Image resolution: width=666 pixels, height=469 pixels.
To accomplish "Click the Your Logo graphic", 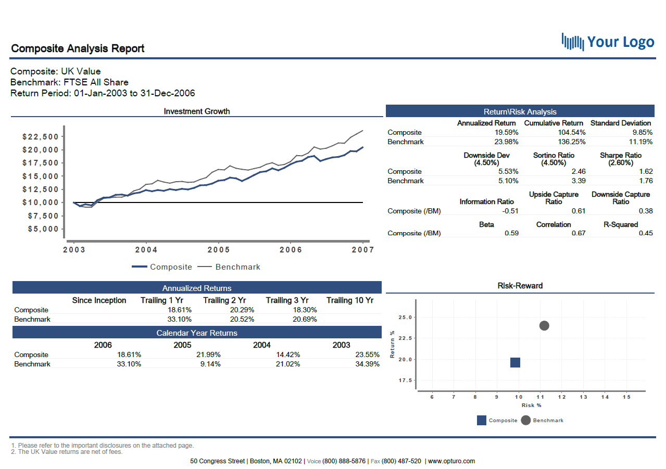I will click(608, 42).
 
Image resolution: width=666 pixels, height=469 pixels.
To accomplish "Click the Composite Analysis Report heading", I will click(78, 48).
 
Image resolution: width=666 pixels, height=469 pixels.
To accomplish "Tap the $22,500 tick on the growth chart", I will click(41, 136).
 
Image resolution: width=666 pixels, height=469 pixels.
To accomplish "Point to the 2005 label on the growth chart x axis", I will click(218, 250).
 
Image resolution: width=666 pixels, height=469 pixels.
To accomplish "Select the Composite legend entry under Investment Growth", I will click(162, 267).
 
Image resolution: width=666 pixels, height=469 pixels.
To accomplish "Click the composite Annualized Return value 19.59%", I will click(506, 132).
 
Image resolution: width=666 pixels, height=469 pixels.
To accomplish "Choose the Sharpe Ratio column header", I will click(621, 159).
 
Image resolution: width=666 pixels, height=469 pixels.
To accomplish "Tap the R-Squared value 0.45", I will click(646, 233).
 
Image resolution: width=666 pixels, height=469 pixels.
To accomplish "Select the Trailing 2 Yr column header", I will click(224, 300).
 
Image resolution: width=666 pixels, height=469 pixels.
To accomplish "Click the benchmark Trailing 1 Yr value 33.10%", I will click(180, 319).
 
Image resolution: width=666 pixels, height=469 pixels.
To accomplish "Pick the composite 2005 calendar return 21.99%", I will click(208, 354).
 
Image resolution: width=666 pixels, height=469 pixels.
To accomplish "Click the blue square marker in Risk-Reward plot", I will click(515, 363).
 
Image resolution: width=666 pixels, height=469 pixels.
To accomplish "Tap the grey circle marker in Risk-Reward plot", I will click(544, 326).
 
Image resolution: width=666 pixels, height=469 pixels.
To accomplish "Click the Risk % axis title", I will click(532, 405).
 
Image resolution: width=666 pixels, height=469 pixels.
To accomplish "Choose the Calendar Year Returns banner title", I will click(197, 333).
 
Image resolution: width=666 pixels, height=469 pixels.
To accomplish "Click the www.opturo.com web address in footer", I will click(452, 461).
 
